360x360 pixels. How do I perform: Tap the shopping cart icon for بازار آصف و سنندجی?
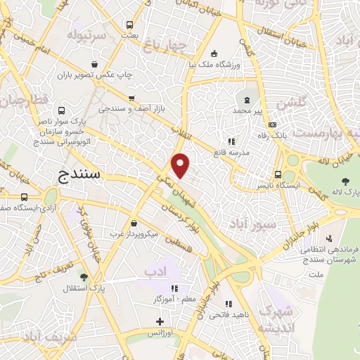point(131,98)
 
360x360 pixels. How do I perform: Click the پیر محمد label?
point(252,111)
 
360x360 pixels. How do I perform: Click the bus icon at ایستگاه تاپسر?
point(278,174)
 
